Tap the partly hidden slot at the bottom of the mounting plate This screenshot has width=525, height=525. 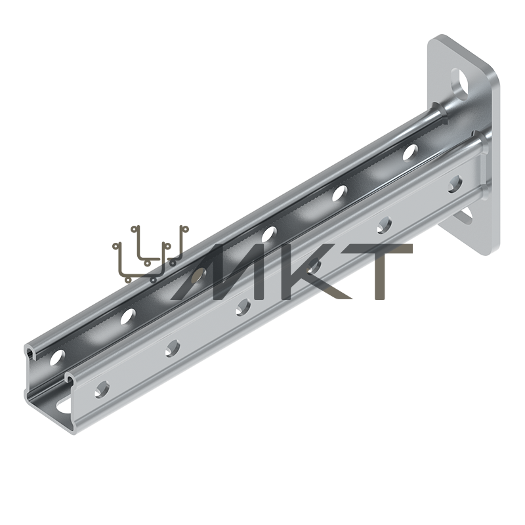pyautogui.click(x=465, y=216)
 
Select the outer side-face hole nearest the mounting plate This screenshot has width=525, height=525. pyautogui.click(x=455, y=184)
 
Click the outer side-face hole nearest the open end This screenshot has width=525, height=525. pyautogui.click(x=102, y=390)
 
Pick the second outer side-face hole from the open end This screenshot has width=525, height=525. pyautogui.click(x=173, y=348)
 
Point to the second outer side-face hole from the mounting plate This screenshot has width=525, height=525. pyautogui.click(x=384, y=226)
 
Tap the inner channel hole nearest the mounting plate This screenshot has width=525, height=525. pyautogui.click(x=410, y=152)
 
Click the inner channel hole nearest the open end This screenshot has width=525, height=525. pyautogui.click(x=58, y=358)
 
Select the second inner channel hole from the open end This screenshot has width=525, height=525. pyautogui.click(x=128, y=316)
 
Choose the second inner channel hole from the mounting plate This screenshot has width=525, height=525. pyautogui.click(x=340, y=193)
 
